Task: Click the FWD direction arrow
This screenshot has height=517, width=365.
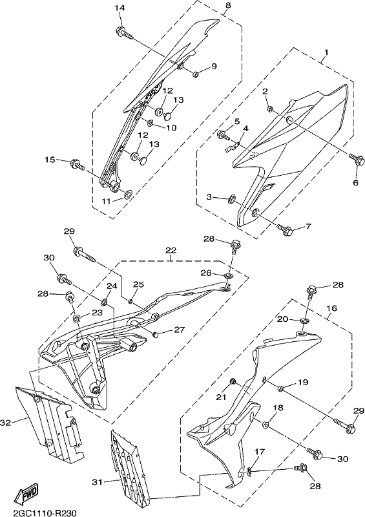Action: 26,492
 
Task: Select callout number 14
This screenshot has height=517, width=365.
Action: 120,8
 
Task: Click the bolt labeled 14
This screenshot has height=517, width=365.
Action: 124,33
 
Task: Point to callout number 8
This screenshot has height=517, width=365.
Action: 228,5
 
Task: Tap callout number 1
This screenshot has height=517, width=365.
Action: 326,52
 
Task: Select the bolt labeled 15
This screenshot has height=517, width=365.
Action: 78,165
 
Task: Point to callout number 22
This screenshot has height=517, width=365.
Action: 171,250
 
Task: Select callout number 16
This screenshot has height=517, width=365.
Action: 332,308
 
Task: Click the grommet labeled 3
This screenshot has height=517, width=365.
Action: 232,198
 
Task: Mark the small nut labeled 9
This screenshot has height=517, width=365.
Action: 196,74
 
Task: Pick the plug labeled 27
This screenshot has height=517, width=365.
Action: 155,335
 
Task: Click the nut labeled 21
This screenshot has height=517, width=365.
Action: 232,382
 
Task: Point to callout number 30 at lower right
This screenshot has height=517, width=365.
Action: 343,459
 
